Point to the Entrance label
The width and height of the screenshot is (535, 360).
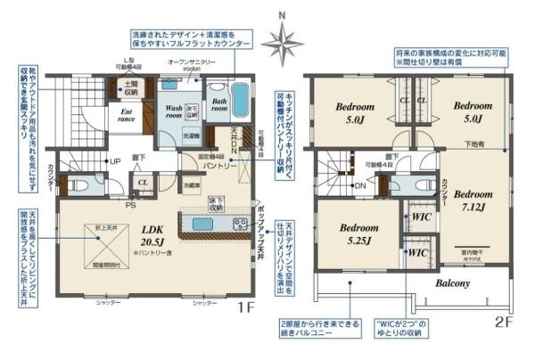click(121, 117)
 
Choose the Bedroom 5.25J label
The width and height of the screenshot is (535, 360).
click(361, 233)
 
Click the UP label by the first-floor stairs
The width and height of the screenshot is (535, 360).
click(115, 160)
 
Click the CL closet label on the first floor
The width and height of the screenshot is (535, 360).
click(143, 182)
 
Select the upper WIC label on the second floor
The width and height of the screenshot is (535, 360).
click(420, 216)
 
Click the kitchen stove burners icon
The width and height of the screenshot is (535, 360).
click(240, 223)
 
